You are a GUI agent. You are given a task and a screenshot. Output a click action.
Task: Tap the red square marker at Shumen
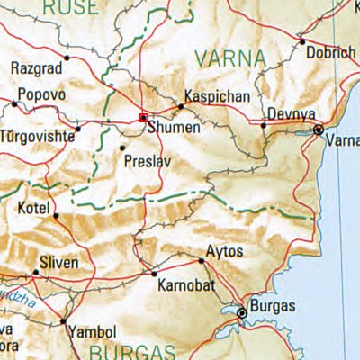click(143, 118)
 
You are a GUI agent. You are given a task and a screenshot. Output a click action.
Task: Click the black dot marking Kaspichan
click(181, 106)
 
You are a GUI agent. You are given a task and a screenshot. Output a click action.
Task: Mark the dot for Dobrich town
click(302, 41)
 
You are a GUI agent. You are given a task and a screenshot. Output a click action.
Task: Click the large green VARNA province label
click(230, 60)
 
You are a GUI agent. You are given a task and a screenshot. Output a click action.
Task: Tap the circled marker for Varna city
click(319, 130)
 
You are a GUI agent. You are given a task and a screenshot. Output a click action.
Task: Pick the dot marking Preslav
click(122, 147)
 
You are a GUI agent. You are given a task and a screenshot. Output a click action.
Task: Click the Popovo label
click(41, 93)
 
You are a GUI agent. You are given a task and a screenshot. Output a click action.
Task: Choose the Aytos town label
click(224, 250)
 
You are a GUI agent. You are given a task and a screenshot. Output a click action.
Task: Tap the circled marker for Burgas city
click(241, 313)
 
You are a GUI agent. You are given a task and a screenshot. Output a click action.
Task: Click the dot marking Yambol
click(63, 320)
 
